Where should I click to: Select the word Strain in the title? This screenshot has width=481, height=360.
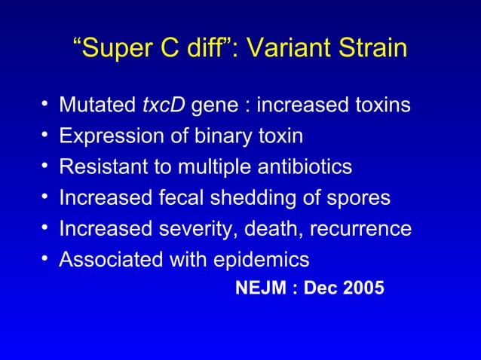point(374,49)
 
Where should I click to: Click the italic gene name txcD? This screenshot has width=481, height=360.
point(164,105)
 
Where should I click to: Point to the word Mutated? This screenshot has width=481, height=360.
point(98,105)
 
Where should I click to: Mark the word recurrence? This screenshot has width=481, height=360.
point(363,229)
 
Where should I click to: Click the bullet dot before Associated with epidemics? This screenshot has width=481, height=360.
point(47,260)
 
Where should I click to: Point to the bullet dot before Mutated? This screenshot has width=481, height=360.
point(47,105)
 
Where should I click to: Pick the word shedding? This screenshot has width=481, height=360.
point(247,198)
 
